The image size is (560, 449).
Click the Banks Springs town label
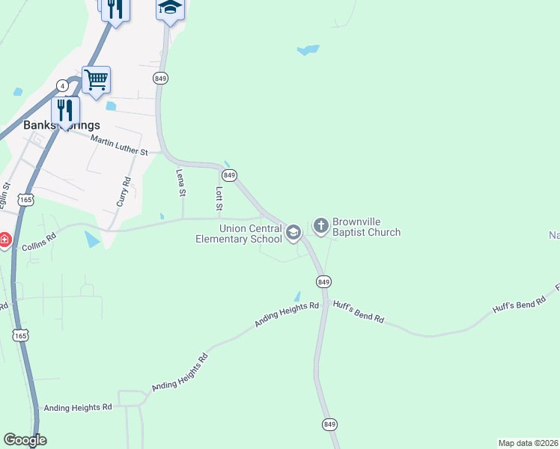61,125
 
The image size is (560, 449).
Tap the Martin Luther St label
119,144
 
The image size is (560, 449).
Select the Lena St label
180,183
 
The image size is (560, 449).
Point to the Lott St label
219,198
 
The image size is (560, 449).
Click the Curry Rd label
127,192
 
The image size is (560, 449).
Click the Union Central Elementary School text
238,233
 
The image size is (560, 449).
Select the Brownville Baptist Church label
367,227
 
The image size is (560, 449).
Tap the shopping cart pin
96,79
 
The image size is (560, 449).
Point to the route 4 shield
63,86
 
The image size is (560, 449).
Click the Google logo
25,440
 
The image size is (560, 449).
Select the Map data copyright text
528,442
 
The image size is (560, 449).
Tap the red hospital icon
4,240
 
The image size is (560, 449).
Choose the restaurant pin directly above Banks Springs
66,110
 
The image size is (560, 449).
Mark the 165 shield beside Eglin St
26,200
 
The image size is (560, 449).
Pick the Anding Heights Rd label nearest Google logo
78,407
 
